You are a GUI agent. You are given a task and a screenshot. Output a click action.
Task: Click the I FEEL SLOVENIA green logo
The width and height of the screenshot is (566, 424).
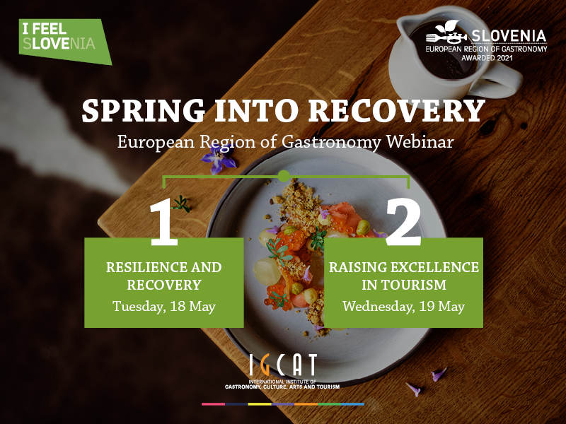[65, 42]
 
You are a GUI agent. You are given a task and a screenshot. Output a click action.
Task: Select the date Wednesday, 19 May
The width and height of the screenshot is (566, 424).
[403, 307]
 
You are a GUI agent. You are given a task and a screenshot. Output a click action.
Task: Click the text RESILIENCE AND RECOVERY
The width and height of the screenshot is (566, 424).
[164, 276]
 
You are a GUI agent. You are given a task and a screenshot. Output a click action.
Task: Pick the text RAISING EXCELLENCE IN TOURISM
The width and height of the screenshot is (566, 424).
[403, 276]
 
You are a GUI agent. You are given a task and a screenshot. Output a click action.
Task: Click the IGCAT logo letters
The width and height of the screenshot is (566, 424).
[283, 365]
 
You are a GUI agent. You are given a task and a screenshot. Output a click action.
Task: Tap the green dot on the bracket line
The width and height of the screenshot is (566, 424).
[284, 175]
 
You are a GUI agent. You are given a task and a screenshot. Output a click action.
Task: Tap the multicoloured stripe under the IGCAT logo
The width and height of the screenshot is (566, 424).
[283, 404]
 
